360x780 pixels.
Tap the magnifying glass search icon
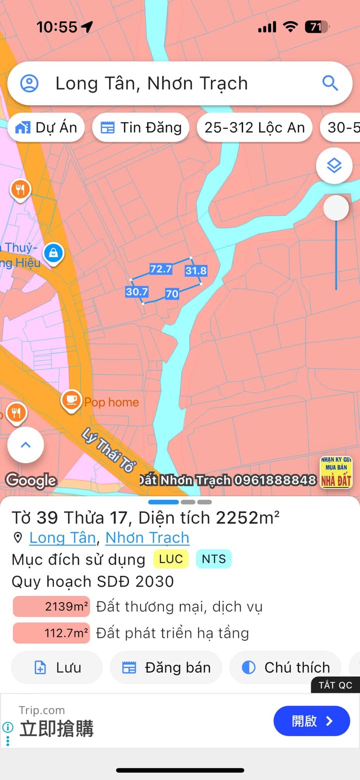coord(330,83)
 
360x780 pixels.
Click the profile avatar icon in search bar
coord(29,83)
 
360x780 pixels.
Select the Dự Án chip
coord(46,127)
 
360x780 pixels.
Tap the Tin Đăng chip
coord(140,127)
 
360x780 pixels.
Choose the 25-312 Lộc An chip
coord(254,127)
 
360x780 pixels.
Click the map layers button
coord(334,165)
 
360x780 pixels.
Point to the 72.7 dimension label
coord(161,269)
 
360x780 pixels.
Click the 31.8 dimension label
coord(195,271)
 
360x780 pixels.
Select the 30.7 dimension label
coord(136,291)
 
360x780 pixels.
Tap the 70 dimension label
coord(171,294)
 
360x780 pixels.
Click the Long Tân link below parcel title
coord(62,537)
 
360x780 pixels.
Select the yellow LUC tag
coord(171,559)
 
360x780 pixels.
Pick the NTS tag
coord(213,559)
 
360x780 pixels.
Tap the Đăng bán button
coord(166,667)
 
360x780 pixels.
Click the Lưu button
coord(56,667)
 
